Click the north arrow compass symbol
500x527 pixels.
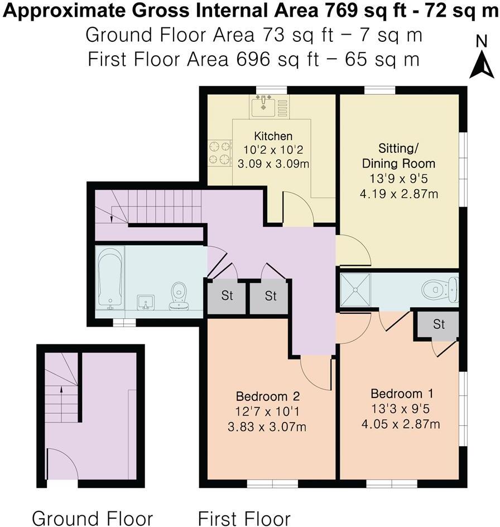point(480,59)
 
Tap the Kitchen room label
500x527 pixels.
point(273,136)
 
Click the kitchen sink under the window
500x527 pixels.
point(263,105)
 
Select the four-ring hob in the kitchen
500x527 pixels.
point(219,152)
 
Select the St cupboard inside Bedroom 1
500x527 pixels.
point(439,324)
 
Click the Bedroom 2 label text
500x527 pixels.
point(268,397)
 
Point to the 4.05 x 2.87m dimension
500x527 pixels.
point(401,424)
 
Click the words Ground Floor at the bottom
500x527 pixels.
point(92,518)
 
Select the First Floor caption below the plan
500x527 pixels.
point(244,518)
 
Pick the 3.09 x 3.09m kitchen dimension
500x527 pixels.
point(273,164)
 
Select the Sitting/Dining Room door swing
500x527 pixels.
point(353,251)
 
